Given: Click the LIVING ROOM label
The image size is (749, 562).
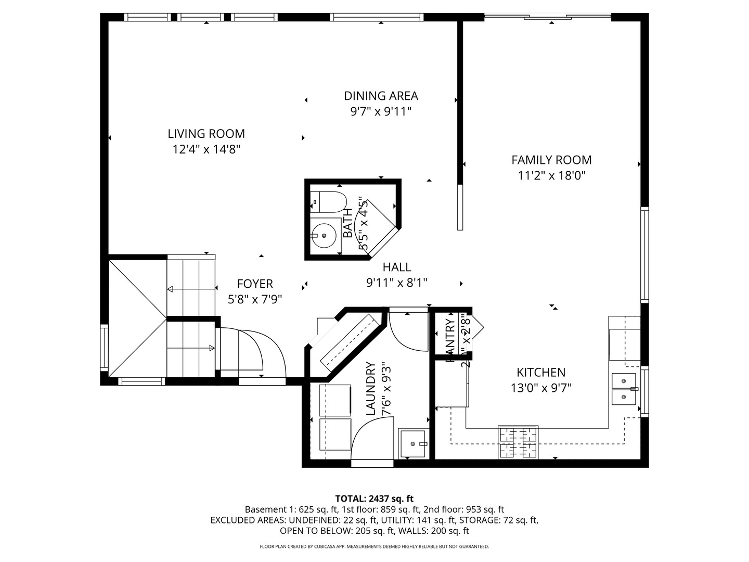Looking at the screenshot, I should coord(206,134).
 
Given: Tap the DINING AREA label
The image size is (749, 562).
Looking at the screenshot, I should coord(381,96).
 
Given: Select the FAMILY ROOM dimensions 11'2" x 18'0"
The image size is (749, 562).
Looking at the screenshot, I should coord(551,176).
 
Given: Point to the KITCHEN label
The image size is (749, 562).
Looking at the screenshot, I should coord(540,373).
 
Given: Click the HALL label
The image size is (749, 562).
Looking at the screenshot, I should coord(397,267).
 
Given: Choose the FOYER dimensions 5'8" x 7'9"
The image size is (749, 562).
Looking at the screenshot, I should coord(255,299).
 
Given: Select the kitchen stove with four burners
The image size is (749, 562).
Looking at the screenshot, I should coord(518,442).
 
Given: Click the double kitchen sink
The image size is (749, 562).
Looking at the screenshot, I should coord(624,389).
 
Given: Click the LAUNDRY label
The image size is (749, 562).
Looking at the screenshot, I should coord(371,389).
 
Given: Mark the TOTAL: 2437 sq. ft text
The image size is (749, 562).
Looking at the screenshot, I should coord(374,499).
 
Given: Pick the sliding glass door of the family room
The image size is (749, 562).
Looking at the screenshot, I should coord(547,18).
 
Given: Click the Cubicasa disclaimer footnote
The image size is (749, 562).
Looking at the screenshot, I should coord(374,546).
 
